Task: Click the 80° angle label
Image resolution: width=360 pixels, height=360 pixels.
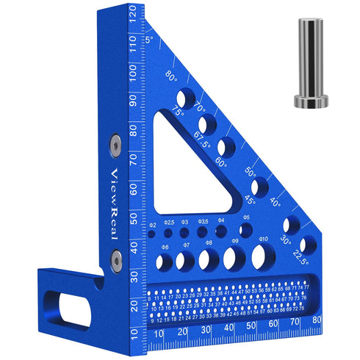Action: coord(172,76)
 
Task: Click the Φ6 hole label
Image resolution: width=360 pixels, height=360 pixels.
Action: coord(166,247)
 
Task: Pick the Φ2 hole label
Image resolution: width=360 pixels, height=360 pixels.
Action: coord(153,225)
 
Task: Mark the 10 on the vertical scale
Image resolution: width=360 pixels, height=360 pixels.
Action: coord(132,332)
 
